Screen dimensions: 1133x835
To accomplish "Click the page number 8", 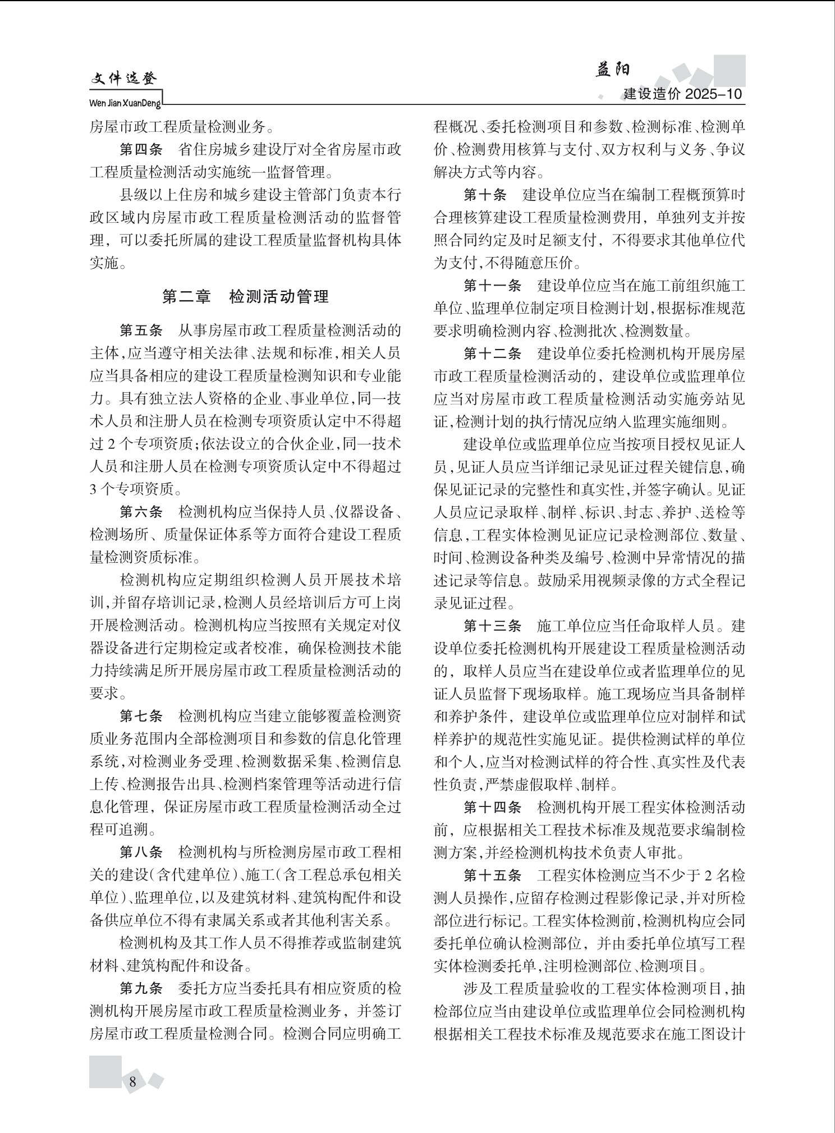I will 132,1081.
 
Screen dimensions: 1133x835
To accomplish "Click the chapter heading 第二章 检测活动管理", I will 245,296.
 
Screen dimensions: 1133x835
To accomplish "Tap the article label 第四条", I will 141,150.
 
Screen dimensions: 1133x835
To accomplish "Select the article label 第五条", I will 141,329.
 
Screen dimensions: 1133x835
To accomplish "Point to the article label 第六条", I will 141,511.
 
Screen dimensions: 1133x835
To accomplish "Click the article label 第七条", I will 141,716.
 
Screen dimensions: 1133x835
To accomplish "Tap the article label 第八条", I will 141,852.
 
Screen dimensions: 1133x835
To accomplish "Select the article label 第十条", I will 485,195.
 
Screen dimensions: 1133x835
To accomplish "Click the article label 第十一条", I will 492,286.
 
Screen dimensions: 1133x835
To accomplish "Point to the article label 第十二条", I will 492,354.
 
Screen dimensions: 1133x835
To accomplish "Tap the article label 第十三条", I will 492,626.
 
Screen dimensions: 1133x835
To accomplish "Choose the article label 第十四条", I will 492,807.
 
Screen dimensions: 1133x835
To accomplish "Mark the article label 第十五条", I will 492,875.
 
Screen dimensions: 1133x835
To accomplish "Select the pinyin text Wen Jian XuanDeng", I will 125,104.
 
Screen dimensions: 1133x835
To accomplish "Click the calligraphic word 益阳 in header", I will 613,70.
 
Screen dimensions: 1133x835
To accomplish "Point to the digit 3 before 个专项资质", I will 94,489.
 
